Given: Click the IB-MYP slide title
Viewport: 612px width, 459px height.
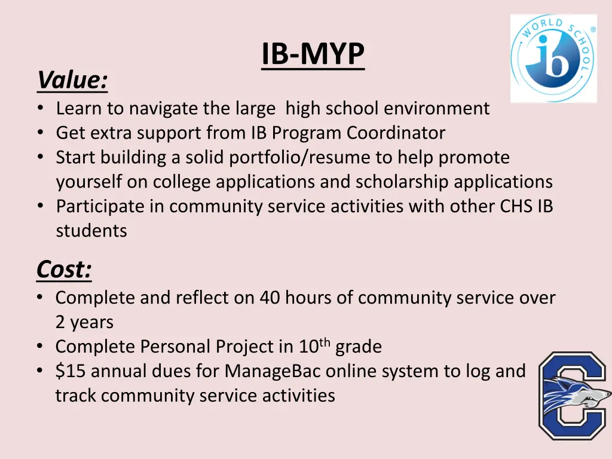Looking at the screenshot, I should pyautogui.click(x=313, y=55).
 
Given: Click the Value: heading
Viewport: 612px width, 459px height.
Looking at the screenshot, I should pyautogui.click(x=72, y=80).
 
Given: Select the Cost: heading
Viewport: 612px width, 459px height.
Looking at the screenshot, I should pyautogui.click(x=64, y=270).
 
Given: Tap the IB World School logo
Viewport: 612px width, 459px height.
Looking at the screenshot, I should pyautogui.click(x=553, y=59).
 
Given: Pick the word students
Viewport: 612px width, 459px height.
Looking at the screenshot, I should pyautogui.click(x=91, y=231).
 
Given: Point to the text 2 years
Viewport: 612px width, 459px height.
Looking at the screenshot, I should pyautogui.click(x=84, y=322).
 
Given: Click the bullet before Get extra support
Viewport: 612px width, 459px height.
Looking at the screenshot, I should pyautogui.click(x=39, y=133).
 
